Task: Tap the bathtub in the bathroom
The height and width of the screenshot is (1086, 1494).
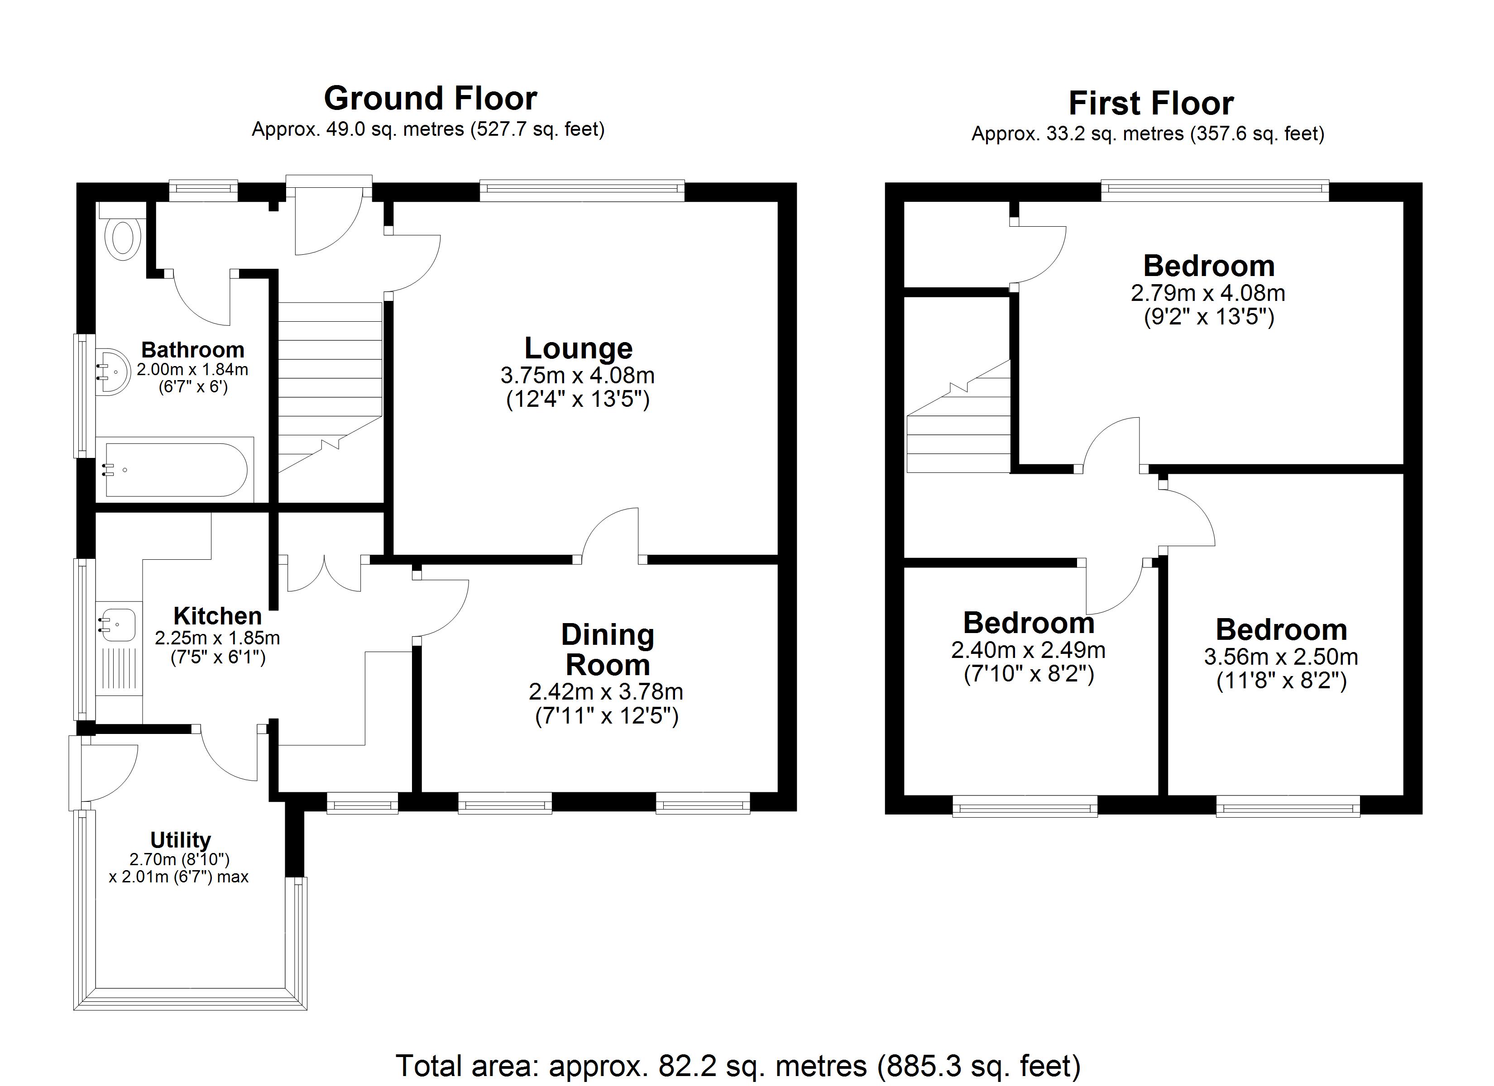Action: click(x=176, y=470)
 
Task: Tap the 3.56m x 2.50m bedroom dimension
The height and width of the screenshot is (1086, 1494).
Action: click(x=1281, y=657)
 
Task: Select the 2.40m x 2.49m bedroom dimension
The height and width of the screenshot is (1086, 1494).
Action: click(x=1028, y=650)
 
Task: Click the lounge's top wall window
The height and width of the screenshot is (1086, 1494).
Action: click(x=582, y=191)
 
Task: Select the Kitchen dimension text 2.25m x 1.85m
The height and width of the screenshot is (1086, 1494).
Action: click(x=217, y=638)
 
